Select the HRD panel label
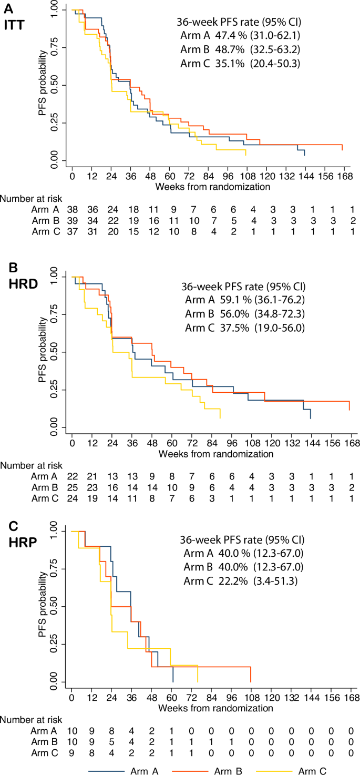[17, 285]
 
